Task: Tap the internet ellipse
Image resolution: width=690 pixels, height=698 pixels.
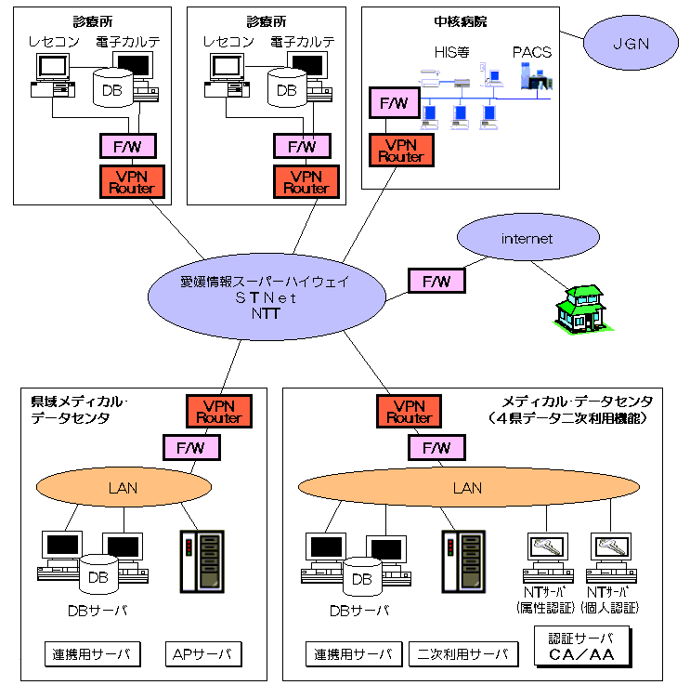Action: [527, 239]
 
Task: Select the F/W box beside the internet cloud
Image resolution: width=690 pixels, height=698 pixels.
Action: [436, 280]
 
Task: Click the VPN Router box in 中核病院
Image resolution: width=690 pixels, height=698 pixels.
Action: [400, 151]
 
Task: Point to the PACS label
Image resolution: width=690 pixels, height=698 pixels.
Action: [531, 53]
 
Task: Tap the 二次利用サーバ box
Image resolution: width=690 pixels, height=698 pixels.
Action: [463, 654]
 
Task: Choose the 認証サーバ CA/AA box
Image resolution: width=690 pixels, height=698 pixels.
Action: [582, 647]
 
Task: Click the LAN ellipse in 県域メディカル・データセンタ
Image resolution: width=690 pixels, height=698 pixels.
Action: [123, 487]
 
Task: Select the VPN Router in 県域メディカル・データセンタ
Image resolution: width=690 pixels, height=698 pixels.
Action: [220, 412]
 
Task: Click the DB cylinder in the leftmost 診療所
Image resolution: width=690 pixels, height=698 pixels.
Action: [114, 88]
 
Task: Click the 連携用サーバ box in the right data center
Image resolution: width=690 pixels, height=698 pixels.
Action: [354, 654]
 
